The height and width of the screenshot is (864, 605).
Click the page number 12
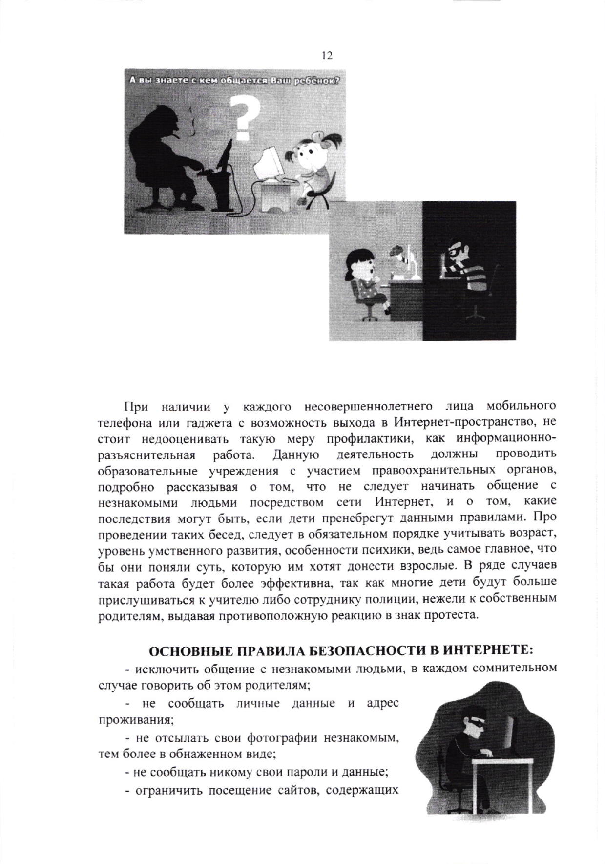(x=327, y=56)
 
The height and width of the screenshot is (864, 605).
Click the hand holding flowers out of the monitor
(x=398, y=254)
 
